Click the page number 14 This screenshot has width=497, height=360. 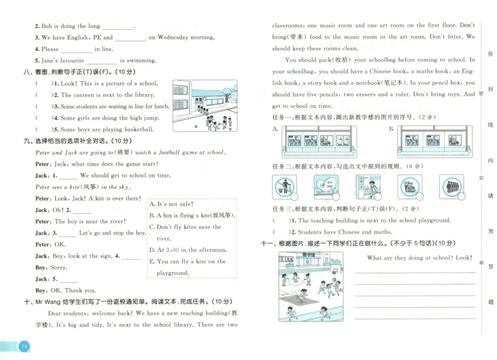coord(23,346)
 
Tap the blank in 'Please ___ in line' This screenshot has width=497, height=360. coord(76,50)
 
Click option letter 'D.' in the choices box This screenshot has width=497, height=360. coord(152,250)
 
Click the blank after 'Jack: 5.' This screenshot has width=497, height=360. coord(68,279)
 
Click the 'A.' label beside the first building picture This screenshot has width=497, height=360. coord(275,129)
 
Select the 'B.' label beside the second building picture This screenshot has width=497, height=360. coord(391,129)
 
